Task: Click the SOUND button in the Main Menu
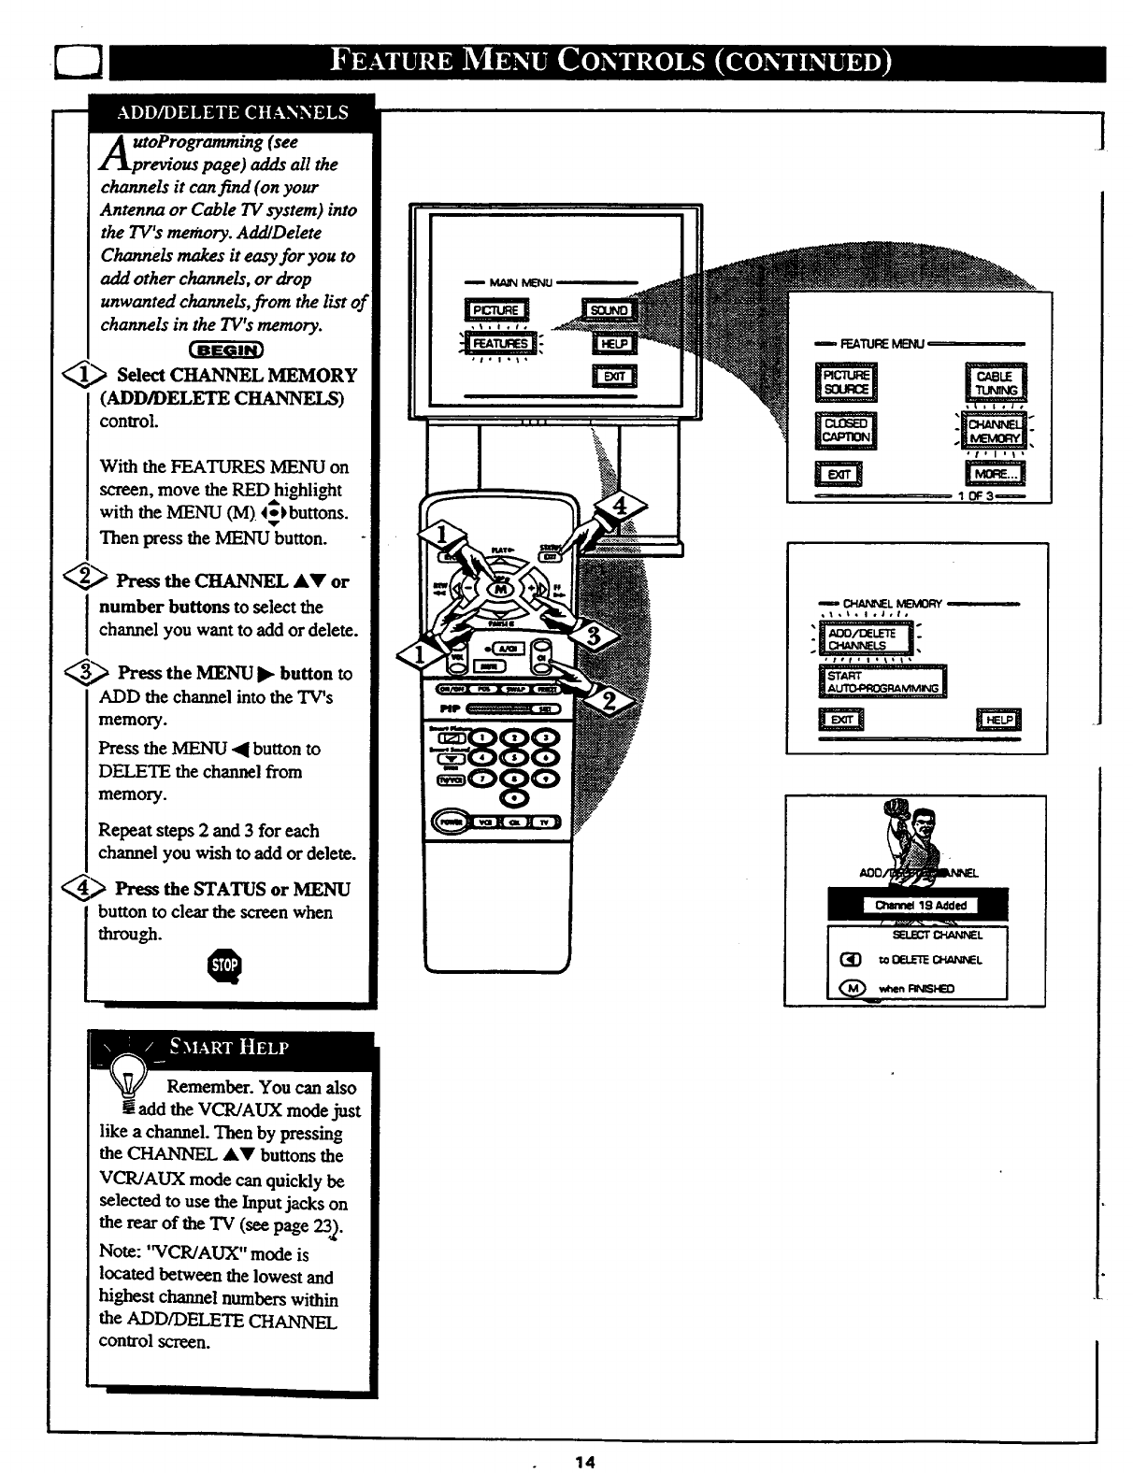click(610, 311)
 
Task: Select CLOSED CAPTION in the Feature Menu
click(846, 429)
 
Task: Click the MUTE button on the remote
click(490, 665)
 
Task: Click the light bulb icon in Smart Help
click(122, 1083)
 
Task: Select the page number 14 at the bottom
click(586, 1462)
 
